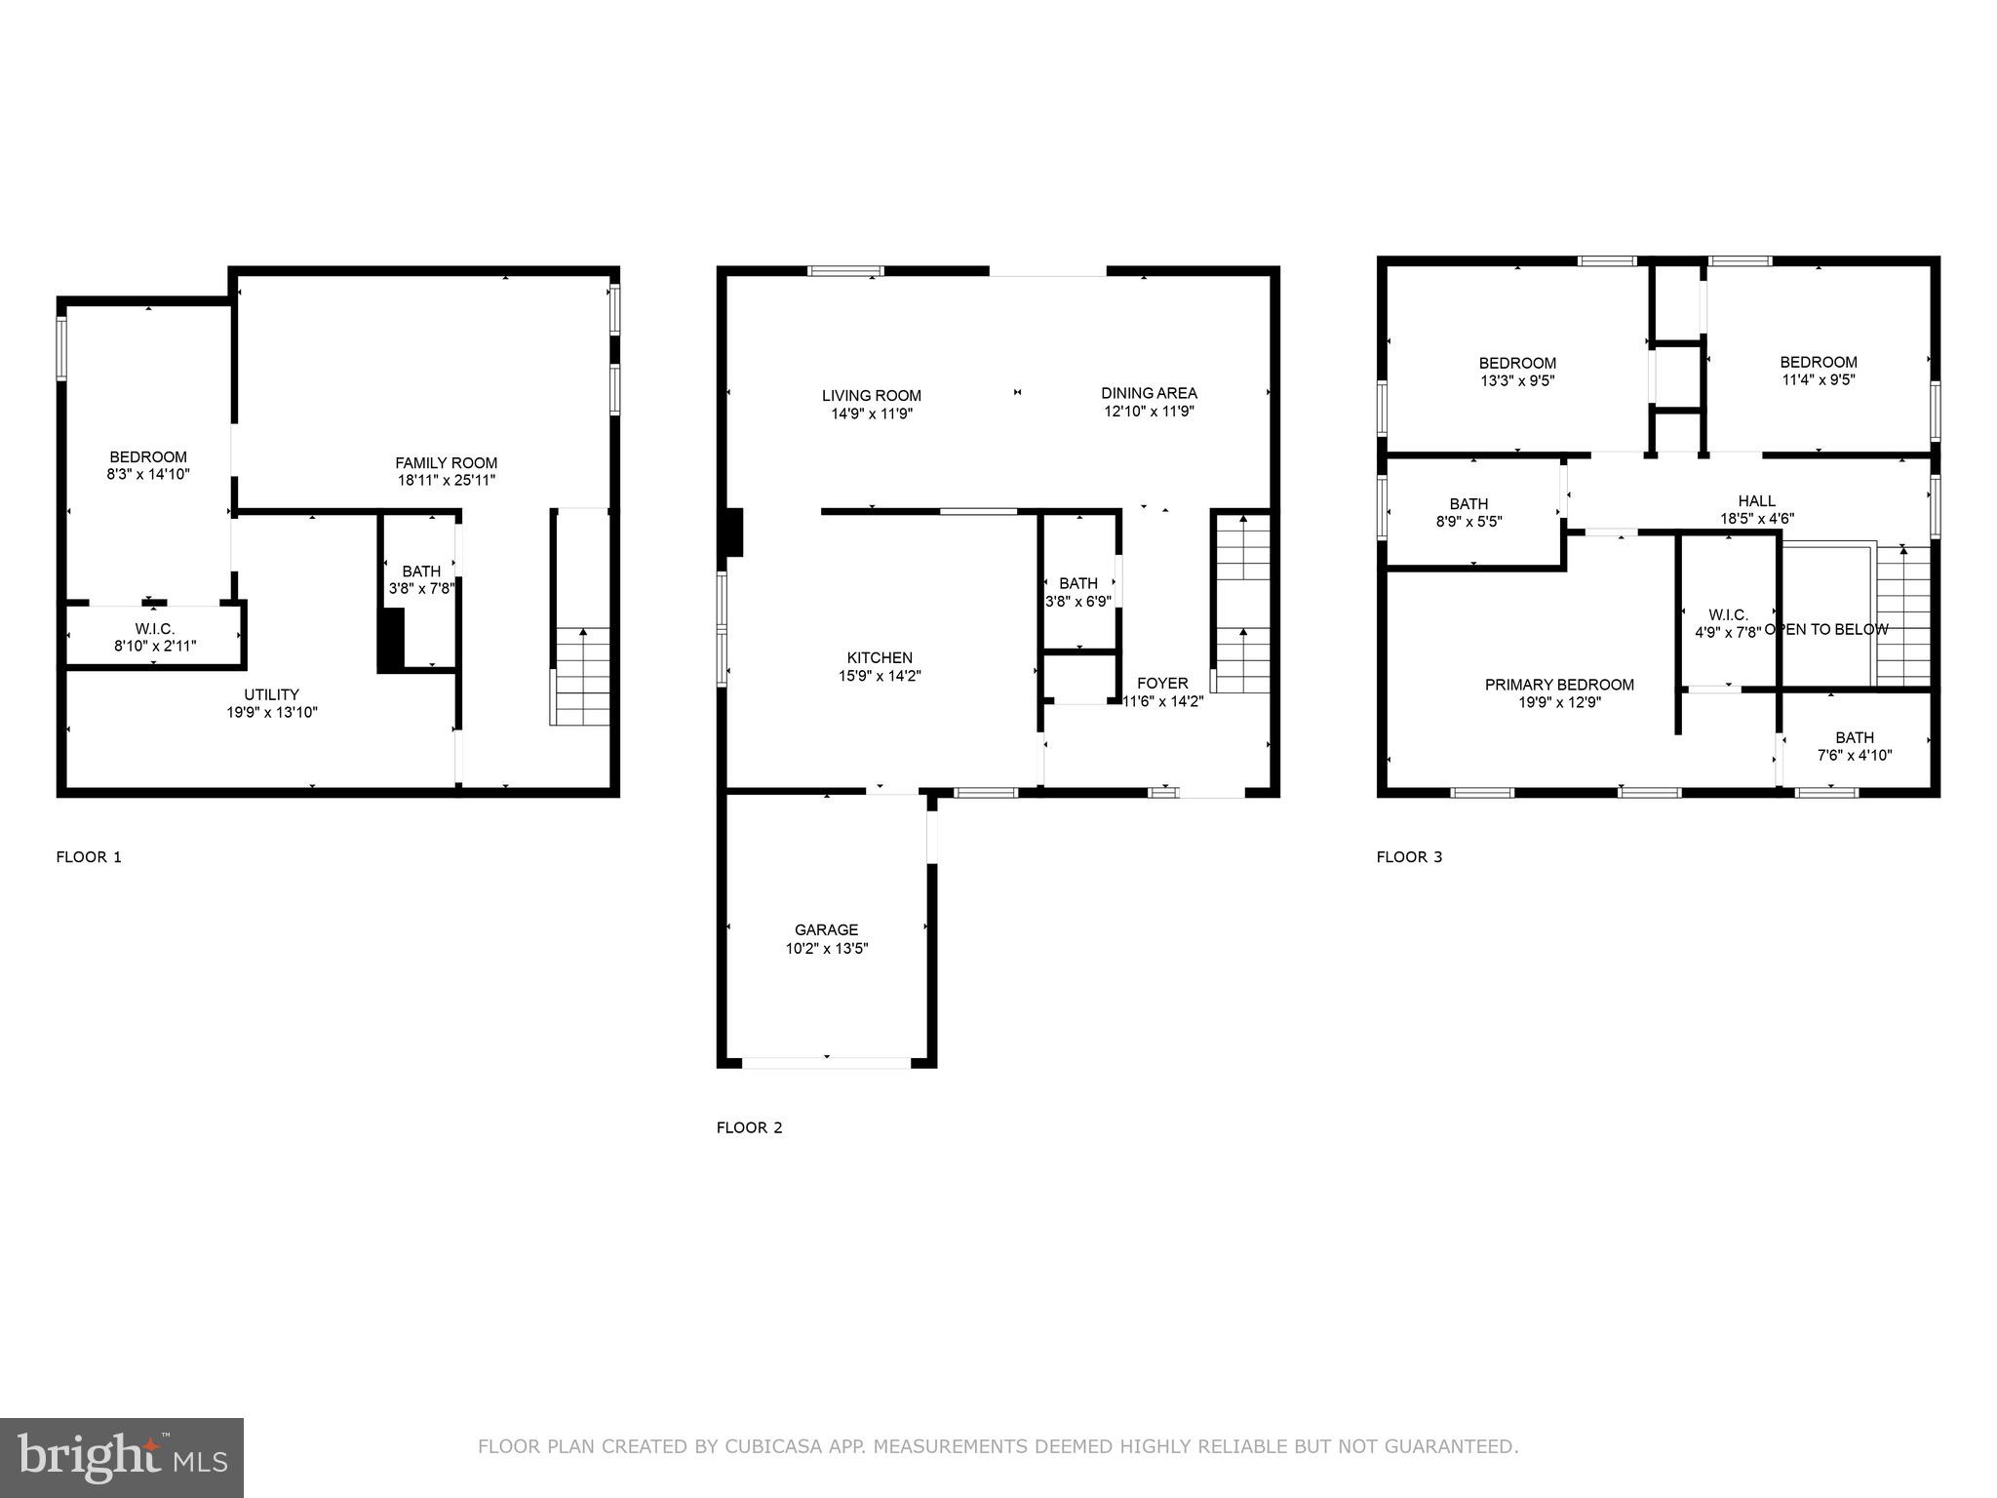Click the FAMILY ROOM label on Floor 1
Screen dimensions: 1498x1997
(446, 463)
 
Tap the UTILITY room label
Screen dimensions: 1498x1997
(271, 694)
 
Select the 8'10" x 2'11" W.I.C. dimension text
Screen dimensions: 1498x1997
(155, 646)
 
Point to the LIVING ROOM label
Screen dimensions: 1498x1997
(871, 396)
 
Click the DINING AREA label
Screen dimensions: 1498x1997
(1149, 393)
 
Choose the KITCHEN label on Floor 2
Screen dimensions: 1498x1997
(880, 658)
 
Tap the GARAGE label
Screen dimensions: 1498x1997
(826, 930)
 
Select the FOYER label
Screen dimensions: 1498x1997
(1162, 684)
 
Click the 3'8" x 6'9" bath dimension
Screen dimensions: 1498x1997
(1077, 602)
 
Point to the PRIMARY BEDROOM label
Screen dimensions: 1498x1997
(1559, 685)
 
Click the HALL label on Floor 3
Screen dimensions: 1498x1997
(1756, 501)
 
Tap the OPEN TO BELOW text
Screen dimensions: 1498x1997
(1826, 630)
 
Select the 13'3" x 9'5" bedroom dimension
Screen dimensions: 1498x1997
(1516, 381)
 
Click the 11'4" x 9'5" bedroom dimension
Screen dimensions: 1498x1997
(1818, 380)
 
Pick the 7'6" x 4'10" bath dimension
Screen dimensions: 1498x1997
(1854, 755)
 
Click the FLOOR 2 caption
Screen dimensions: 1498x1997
(749, 1127)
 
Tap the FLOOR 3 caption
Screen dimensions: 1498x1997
(1409, 857)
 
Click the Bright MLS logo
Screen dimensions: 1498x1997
(121, 1457)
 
